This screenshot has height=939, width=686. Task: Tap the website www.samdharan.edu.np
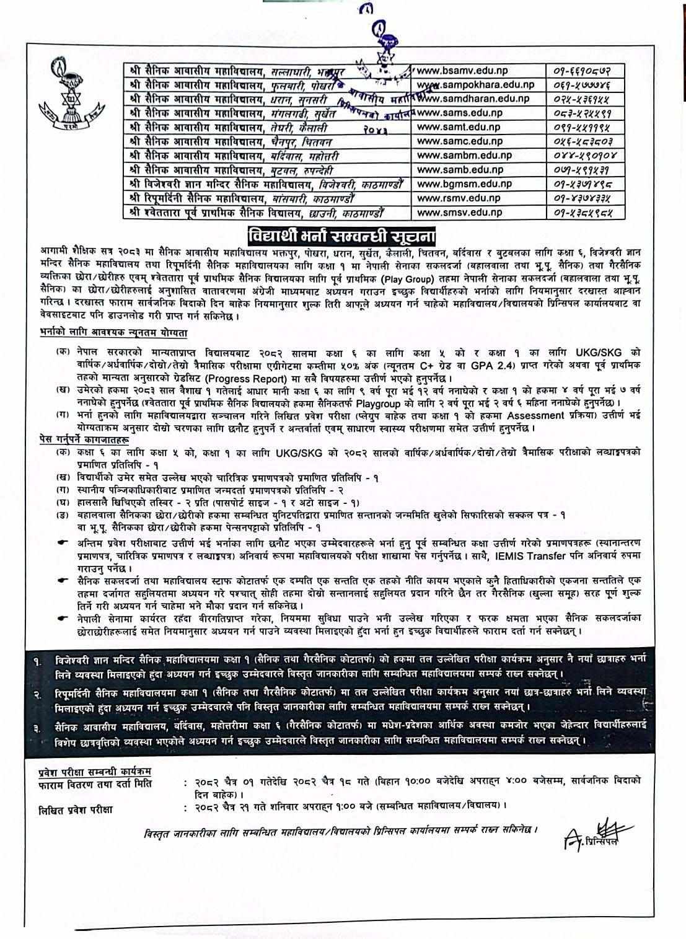tap(476, 99)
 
